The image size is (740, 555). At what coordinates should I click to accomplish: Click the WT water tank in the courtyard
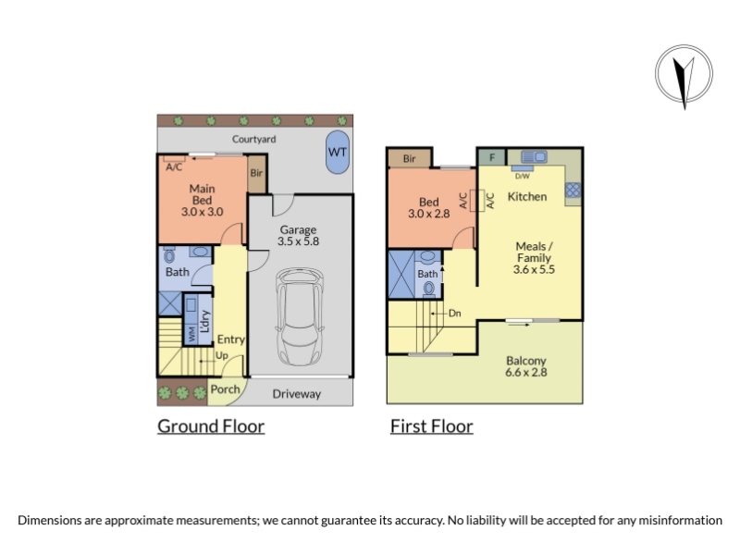point(338,152)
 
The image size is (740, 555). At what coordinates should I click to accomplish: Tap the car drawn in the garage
point(300,316)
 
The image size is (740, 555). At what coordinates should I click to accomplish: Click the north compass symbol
point(684,76)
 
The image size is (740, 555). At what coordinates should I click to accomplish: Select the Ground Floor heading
point(211,426)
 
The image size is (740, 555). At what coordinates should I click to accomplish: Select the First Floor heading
point(431,426)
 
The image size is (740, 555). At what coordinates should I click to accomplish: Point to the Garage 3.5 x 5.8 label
point(298,236)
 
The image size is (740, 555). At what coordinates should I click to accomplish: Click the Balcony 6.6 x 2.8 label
point(526,366)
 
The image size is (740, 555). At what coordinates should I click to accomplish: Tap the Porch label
point(225,389)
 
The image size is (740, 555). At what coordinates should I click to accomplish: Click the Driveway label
point(297,394)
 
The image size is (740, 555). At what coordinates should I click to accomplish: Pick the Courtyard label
point(253,140)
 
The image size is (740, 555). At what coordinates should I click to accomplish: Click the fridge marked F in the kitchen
point(492,157)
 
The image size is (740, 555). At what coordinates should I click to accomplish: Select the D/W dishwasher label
point(522,177)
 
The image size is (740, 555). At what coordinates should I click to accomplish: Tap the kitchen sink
point(535,156)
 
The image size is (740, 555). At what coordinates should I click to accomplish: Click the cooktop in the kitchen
point(573,190)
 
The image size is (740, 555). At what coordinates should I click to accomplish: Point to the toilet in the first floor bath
point(429,288)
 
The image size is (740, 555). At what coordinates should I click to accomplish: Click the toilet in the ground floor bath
point(169,255)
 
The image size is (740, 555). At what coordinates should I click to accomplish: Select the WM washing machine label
point(191,334)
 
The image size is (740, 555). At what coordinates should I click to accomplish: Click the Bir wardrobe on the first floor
point(409,158)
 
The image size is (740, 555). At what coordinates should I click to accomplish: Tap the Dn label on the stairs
point(455,314)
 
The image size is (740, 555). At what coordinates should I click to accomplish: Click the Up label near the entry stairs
point(222,356)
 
